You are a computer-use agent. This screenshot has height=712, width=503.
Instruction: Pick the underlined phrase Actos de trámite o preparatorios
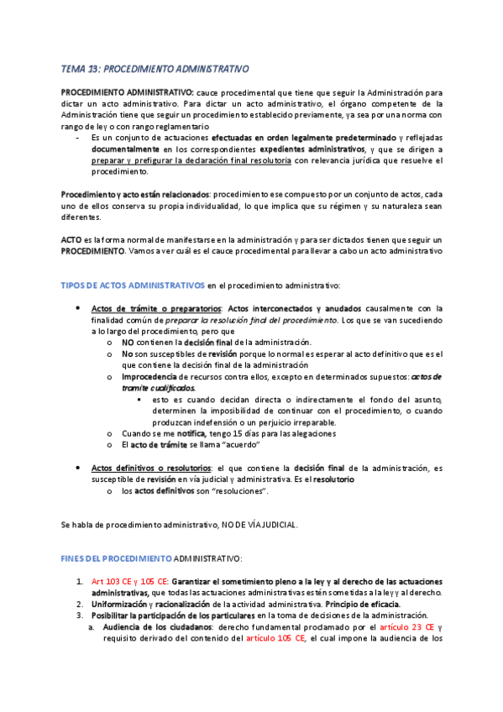tap(156, 307)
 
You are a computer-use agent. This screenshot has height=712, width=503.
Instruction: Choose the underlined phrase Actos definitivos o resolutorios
tap(151, 467)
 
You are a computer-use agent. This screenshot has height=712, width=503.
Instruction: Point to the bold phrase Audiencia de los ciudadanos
tap(157, 626)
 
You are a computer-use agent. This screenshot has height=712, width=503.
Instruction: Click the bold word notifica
tap(197, 433)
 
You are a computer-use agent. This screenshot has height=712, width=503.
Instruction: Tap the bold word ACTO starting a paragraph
tap(71, 239)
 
